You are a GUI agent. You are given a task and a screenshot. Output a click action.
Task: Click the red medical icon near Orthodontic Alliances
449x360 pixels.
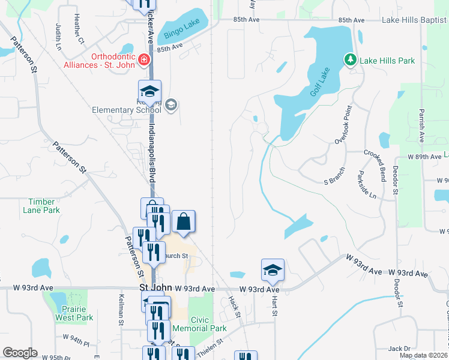(143, 59)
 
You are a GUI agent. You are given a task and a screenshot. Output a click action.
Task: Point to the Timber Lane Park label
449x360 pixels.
(41, 206)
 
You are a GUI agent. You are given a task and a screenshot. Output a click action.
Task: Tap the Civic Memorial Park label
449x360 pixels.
(199, 324)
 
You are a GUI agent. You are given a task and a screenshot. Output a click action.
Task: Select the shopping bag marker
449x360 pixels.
(184, 221)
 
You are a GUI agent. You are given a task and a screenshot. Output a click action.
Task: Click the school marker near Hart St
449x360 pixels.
(273, 271)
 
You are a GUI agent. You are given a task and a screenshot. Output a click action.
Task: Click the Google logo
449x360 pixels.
(20, 353)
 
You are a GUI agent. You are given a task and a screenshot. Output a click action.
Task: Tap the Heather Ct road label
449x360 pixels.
(77, 29)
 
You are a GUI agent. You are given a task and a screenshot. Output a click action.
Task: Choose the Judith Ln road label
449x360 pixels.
(58, 37)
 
